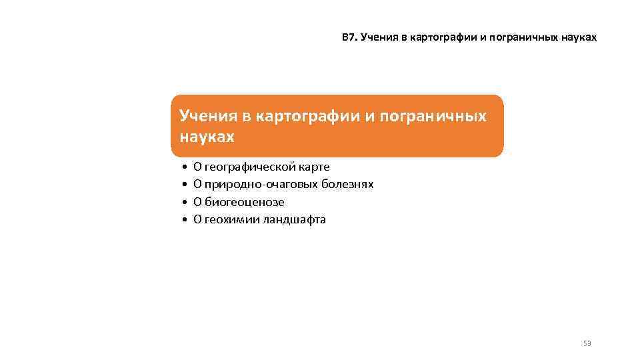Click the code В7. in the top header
point(349,39)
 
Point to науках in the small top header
point(580,39)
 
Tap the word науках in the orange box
point(207,137)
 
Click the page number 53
point(587,343)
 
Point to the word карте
point(315,167)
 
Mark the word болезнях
point(347,184)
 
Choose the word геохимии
point(227,219)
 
